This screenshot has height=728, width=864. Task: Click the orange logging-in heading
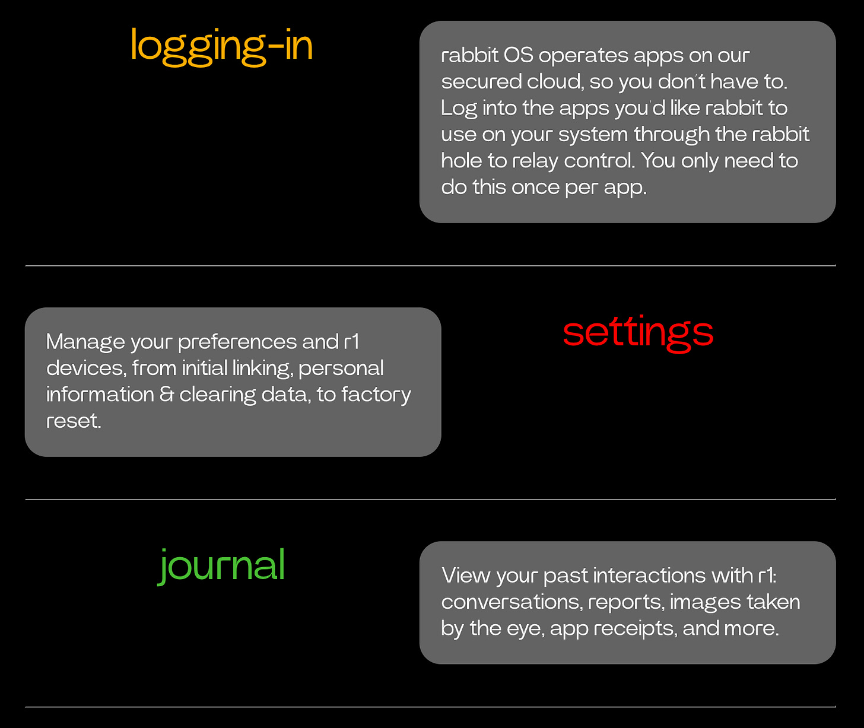[221, 46]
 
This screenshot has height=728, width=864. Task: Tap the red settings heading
[638, 333]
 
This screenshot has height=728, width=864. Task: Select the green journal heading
[222, 565]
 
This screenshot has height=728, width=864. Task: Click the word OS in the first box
[519, 55]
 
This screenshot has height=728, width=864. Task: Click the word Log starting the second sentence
[459, 109]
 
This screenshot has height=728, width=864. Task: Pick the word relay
[535, 161]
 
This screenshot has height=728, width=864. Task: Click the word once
[535, 187]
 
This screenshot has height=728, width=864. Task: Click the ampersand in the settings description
[167, 395]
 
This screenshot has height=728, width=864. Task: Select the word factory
[376, 395]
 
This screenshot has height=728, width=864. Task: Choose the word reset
[74, 421]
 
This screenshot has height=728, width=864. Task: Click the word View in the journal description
[465, 576]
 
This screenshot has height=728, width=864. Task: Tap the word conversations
[512, 602]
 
